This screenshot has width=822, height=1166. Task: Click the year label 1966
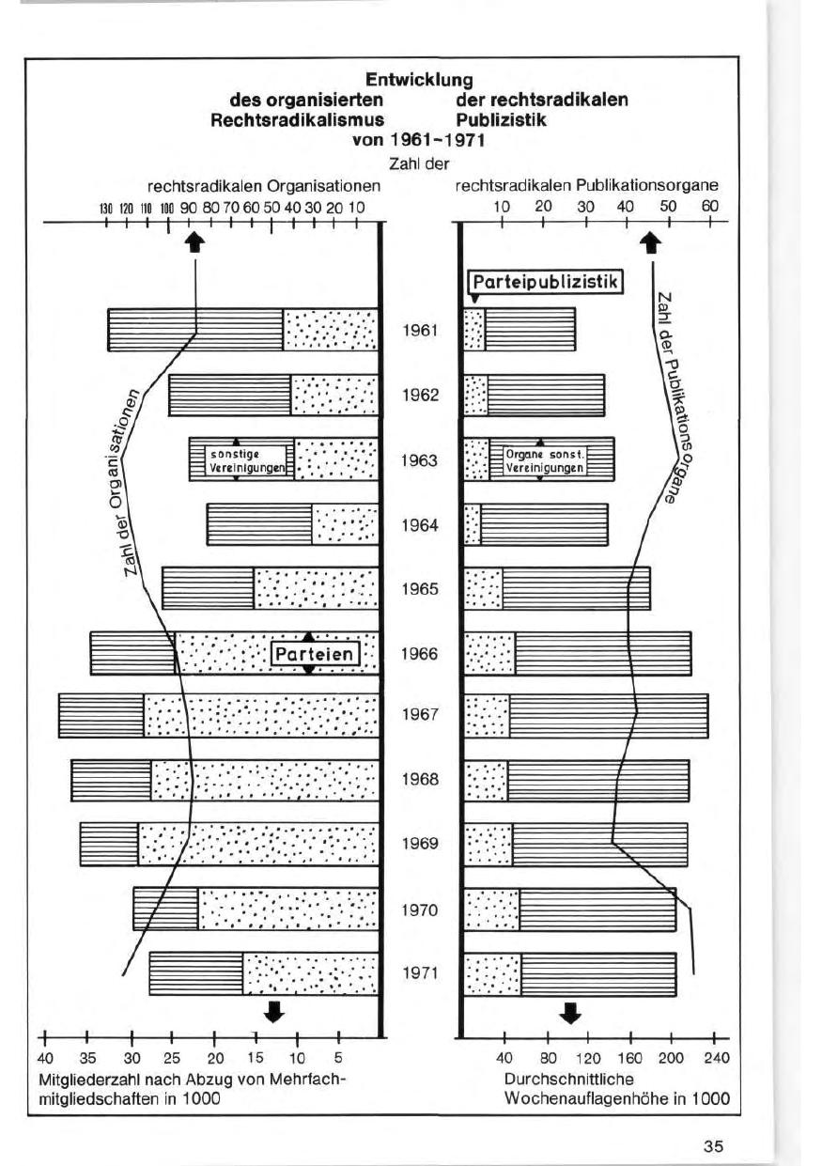[420, 654]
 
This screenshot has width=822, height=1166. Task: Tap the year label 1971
[420, 973]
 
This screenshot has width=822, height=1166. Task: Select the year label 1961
[420, 332]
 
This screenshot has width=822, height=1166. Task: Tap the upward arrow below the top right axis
[649, 242]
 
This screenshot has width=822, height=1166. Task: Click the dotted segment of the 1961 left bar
[331, 330]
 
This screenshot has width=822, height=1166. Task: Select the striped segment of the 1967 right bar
[608, 715]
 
